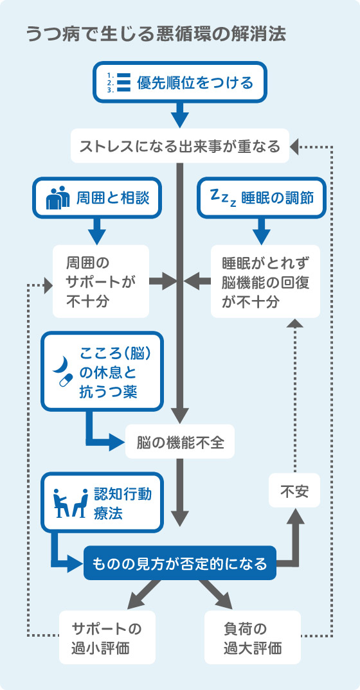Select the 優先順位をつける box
[x=179, y=82]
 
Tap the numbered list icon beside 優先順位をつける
[x=118, y=83]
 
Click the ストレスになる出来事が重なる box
[x=179, y=146]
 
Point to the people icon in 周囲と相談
[x=59, y=198]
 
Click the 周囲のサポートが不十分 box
[x=101, y=281]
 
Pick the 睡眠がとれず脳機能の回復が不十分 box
[x=265, y=281]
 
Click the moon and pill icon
[x=62, y=372]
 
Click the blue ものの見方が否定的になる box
[x=179, y=563]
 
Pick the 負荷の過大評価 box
[x=252, y=637]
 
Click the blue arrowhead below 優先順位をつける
[x=179, y=119]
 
